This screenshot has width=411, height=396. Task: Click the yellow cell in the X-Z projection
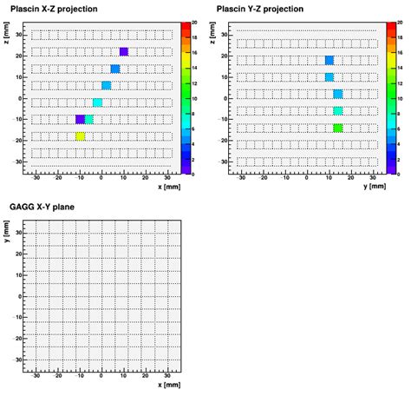pos(80,136)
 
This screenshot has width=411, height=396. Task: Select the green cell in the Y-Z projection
pos(338,128)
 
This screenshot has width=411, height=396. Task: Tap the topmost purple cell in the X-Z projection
pos(124,52)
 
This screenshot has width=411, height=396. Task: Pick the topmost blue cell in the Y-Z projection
pos(329,60)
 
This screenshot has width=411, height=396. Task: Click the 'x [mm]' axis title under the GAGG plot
pos(171,385)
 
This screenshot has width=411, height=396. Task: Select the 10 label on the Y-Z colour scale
pos(401,99)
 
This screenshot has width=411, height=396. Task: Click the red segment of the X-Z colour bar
pos(186,30)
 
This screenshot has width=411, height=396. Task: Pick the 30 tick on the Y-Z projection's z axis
pos(223,35)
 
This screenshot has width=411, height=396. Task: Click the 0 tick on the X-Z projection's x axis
pos(101,176)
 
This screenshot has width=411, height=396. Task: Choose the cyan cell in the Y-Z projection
pos(338,111)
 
